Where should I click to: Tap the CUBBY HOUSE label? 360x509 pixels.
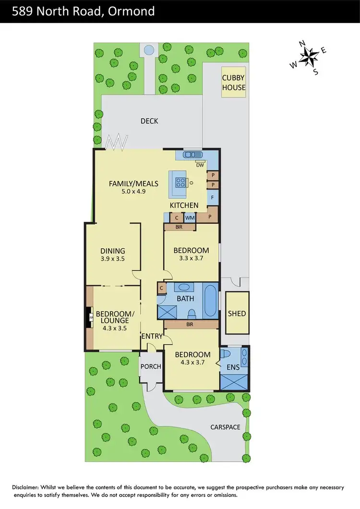click(x=233, y=83)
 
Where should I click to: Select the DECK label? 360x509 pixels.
click(x=149, y=121)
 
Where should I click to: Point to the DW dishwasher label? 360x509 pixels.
click(x=200, y=166)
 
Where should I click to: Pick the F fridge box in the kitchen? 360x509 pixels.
click(x=213, y=197)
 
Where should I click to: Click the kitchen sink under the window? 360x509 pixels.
click(x=191, y=154)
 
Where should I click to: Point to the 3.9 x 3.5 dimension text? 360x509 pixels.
click(x=113, y=259)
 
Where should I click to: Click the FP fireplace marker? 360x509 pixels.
click(x=90, y=317)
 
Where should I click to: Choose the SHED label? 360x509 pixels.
click(x=237, y=313)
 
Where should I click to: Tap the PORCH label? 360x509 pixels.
click(x=150, y=367)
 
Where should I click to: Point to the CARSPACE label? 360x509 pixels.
click(x=225, y=426)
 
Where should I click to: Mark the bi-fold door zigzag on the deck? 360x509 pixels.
click(x=118, y=142)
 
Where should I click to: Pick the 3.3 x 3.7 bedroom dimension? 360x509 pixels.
click(x=191, y=259)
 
